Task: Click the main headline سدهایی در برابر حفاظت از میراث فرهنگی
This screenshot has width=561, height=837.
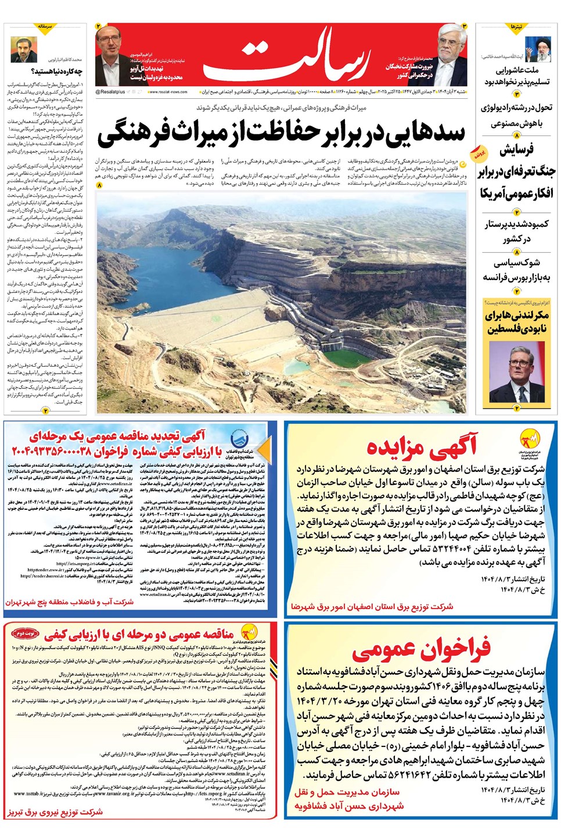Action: click(x=281, y=133)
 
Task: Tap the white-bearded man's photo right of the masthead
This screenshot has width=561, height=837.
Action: click(x=449, y=55)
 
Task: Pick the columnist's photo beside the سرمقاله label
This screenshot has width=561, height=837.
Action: click(x=23, y=49)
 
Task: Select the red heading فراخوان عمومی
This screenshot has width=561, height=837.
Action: click(x=420, y=649)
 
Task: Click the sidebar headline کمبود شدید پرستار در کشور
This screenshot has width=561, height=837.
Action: click(x=516, y=231)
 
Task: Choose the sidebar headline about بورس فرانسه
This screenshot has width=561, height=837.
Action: click(x=516, y=270)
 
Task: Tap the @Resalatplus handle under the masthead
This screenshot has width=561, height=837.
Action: click(x=110, y=92)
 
